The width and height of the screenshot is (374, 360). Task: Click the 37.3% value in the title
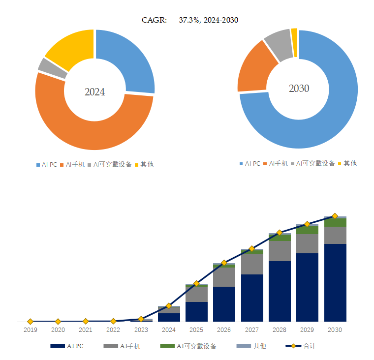point(189,20)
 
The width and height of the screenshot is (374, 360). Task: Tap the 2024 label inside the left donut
point(94,92)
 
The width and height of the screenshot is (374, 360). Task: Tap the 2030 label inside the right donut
point(299,89)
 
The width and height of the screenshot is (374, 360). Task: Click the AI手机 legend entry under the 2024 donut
point(75,165)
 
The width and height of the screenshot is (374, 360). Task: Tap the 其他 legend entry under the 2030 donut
point(350,163)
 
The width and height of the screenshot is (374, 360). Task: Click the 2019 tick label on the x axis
point(31,330)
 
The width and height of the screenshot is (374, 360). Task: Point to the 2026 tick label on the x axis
point(224,330)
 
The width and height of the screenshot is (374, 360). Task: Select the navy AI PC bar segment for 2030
point(335,283)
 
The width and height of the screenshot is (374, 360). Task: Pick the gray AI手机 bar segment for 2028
point(280,251)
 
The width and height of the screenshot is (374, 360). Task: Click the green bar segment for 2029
point(308,230)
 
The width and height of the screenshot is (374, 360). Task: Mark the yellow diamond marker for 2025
point(196,283)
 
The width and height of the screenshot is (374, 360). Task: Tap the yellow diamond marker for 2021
point(86,321)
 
